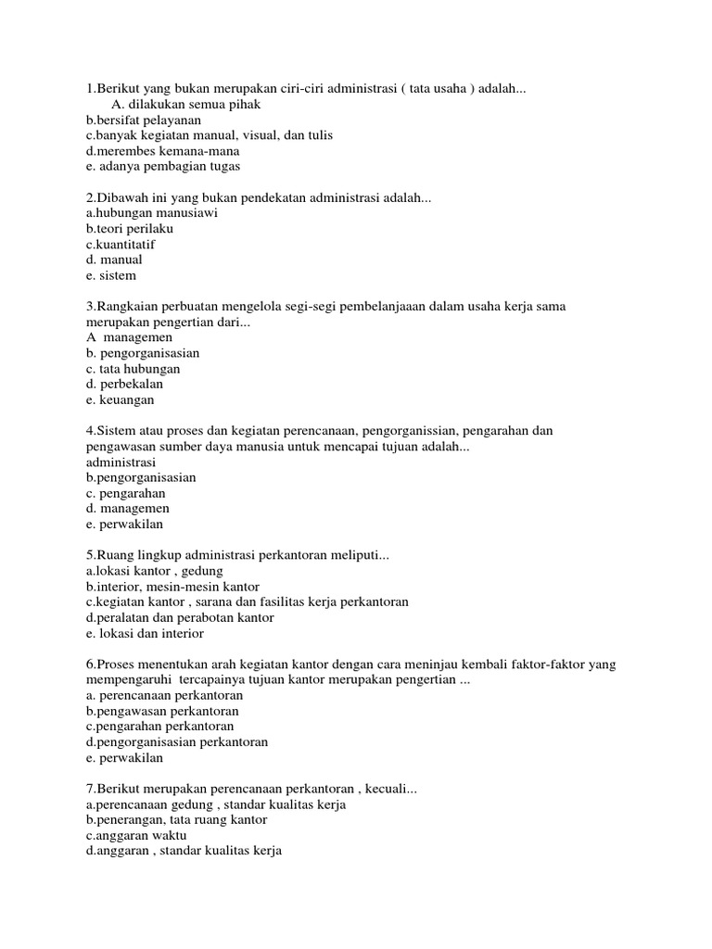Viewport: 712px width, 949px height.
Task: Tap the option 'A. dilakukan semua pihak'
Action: (x=185, y=104)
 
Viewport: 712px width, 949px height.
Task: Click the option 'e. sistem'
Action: (x=110, y=275)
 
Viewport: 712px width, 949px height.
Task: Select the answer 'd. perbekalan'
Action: (x=124, y=384)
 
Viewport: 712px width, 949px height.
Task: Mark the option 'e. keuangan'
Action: (x=120, y=399)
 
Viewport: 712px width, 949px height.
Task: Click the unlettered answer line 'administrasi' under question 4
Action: (x=121, y=462)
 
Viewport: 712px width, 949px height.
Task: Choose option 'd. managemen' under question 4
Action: (x=127, y=508)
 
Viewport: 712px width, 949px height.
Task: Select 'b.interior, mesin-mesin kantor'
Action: (x=172, y=587)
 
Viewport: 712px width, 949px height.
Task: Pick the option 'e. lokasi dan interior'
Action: (x=145, y=633)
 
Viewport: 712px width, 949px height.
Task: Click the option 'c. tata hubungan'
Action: (x=133, y=368)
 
